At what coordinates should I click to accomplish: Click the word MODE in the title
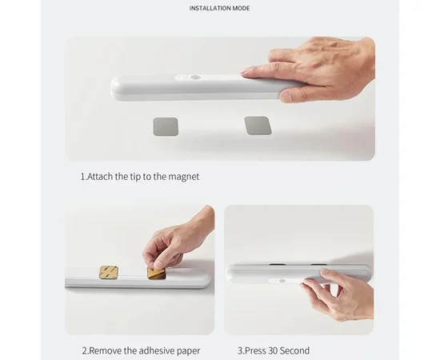pos(240,8)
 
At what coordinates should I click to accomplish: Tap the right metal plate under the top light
pos(258,126)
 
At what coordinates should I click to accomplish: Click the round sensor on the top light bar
pos(195,79)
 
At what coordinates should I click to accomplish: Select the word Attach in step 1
pos(102,176)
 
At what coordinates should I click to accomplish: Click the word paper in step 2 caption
pos(187,350)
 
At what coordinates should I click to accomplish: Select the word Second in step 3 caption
pos(294,350)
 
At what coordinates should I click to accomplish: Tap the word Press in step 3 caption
pos(254,350)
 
